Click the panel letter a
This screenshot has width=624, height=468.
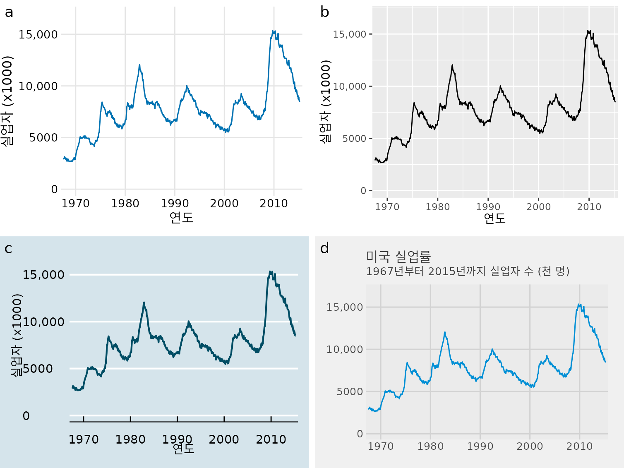point(9,13)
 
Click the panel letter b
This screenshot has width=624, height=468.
point(325,13)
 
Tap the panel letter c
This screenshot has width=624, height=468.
point(8,249)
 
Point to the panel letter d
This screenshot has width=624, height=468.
point(325,249)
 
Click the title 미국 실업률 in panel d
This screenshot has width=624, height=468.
point(398,257)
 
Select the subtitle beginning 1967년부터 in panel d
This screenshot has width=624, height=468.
point(468,271)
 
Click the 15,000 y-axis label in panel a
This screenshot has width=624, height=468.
point(38,34)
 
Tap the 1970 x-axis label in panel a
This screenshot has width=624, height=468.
point(76,204)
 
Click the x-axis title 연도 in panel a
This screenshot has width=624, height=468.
point(181,217)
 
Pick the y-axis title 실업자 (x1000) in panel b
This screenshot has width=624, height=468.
point(326,101)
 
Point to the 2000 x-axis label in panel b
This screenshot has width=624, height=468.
point(538,207)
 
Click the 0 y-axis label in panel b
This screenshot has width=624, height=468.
point(363,191)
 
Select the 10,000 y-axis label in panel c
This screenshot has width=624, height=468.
point(44,322)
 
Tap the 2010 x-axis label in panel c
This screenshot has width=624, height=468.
point(271,439)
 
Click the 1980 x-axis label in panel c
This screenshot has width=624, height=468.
point(130,439)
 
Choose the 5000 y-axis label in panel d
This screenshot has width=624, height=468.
point(350,391)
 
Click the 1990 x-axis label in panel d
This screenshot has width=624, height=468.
point(480,446)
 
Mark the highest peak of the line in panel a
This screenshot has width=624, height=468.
point(273,31)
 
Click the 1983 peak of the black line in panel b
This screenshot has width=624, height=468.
point(452,65)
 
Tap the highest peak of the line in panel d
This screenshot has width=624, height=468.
point(579,305)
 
